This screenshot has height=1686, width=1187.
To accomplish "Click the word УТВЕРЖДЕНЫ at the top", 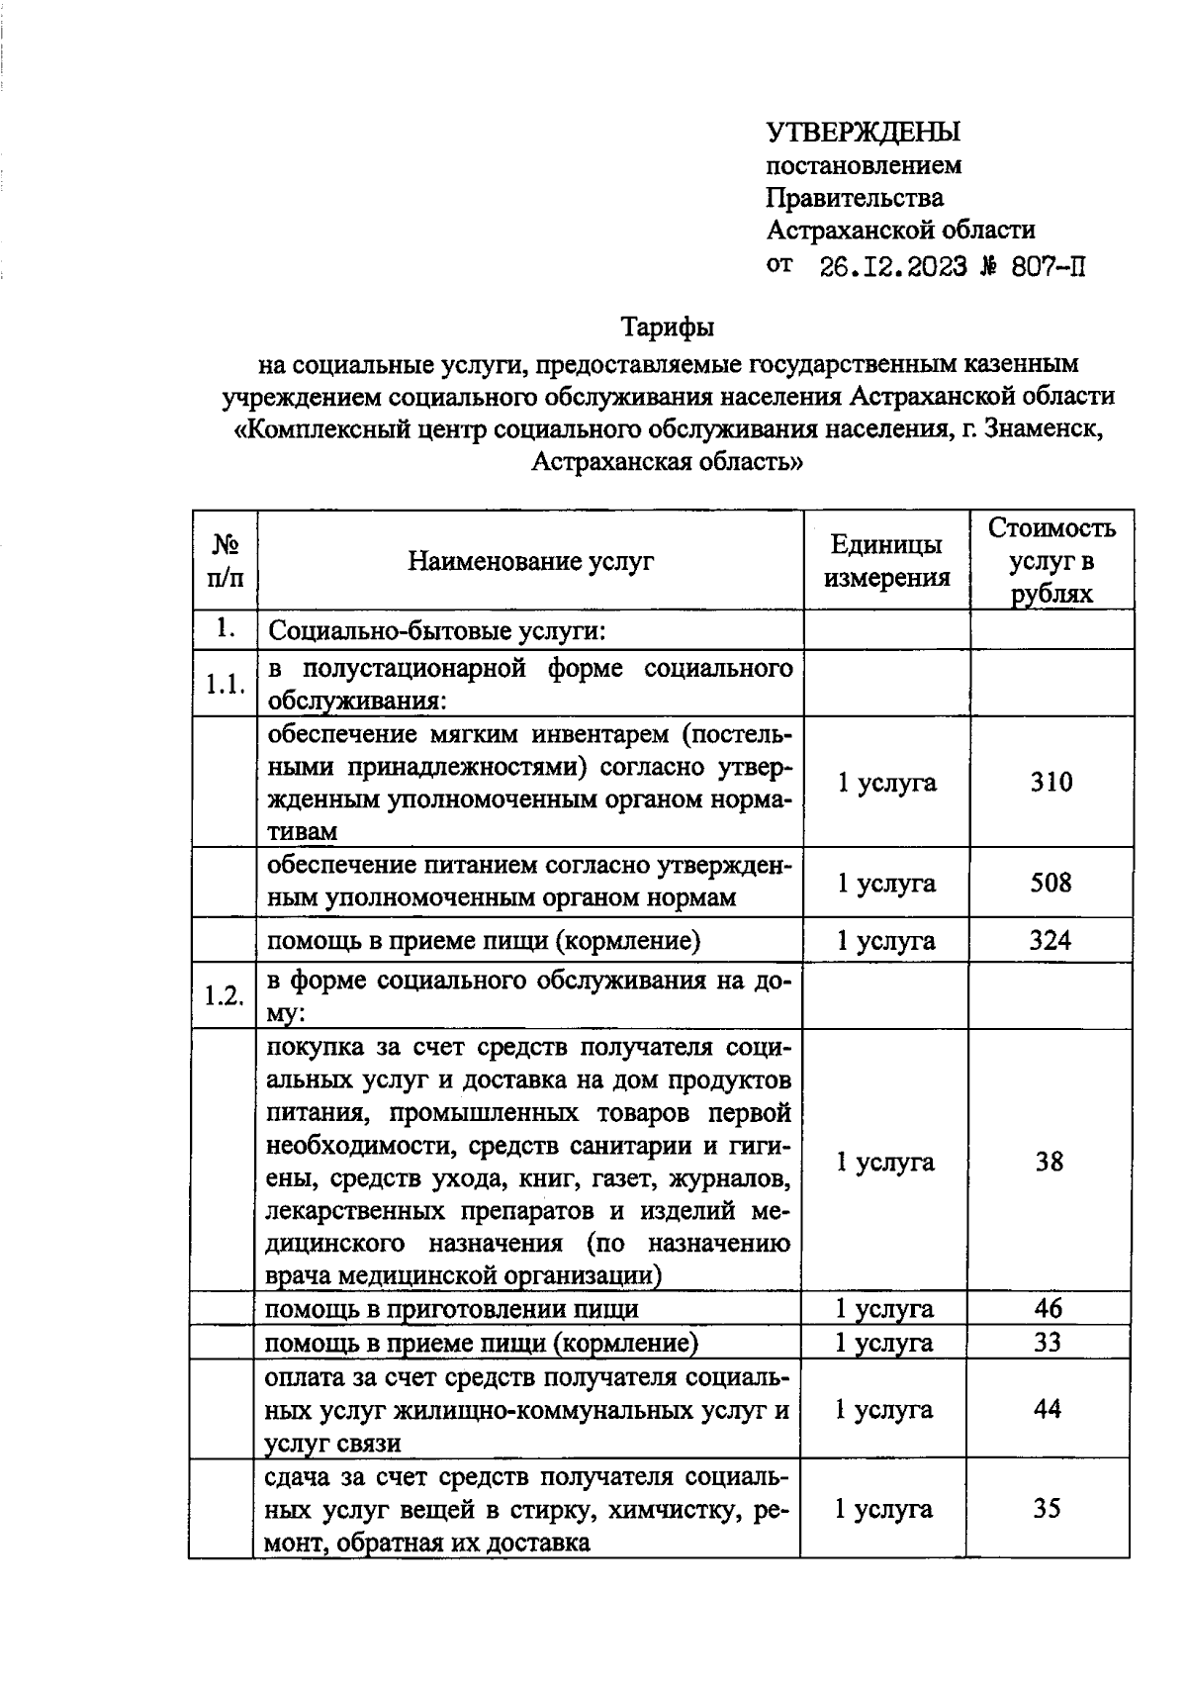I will tap(864, 132).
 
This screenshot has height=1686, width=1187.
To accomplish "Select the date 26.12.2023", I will tap(893, 266).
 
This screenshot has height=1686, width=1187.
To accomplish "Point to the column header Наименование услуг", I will tap(531, 562).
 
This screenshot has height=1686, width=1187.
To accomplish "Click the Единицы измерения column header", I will tap(886, 561).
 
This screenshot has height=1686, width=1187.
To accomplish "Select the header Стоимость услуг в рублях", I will tap(1051, 561).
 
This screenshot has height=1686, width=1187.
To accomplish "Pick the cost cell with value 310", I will tap(1050, 783).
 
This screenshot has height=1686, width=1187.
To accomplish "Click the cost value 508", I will tap(1050, 883).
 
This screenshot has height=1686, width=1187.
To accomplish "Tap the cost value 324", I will tap(1050, 940).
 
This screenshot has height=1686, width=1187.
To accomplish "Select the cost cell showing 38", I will tap(1050, 1162).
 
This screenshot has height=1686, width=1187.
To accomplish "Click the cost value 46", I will tap(1048, 1309).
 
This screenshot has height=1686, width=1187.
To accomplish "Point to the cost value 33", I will tap(1048, 1343).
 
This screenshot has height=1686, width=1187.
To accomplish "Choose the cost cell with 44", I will tap(1048, 1409).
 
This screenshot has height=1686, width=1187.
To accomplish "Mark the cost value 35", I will tap(1048, 1509).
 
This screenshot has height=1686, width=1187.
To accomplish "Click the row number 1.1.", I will tap(225, 684).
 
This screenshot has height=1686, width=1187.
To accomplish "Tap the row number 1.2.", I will tap(224, 996).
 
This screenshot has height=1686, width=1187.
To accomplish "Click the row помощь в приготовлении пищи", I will tap(452, 1309).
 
